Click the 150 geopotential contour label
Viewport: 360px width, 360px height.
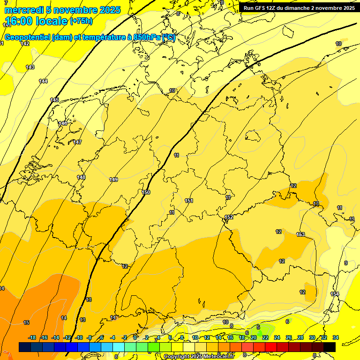146,192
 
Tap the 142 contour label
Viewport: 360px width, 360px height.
25,44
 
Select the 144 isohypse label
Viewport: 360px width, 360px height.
43,81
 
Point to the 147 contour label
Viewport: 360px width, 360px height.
77,142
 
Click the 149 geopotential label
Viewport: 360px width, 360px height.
113,180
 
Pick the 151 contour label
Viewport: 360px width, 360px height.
189,201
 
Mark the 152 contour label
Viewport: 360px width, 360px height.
229,217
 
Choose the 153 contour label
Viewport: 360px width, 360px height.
300,234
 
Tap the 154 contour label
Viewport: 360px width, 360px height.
334,294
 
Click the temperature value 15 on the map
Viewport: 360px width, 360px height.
26,322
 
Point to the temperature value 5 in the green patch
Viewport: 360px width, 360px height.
258,327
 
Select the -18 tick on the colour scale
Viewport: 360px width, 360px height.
32,337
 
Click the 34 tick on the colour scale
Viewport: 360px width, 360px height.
336,337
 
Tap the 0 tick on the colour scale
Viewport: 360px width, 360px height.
135,337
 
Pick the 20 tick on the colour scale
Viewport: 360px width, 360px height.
253,337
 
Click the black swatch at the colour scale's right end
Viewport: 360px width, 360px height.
330,347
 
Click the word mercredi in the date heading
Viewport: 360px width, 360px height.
23,10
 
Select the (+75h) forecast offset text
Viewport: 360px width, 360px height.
81,21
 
